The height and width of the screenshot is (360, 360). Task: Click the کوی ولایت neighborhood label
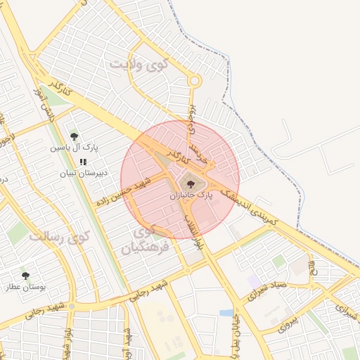(139, 65)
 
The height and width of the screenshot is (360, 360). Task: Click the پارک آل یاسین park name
(74, 148)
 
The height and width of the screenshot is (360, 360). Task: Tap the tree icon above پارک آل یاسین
(75, 136)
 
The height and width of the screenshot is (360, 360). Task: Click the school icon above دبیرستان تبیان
(83, 162)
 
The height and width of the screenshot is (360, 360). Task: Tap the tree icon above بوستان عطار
(26, 276)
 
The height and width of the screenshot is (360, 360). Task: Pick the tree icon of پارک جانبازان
(191, 184)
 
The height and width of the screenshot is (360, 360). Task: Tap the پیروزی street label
(288, 323)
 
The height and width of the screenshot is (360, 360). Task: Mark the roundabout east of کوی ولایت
(195, 82)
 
